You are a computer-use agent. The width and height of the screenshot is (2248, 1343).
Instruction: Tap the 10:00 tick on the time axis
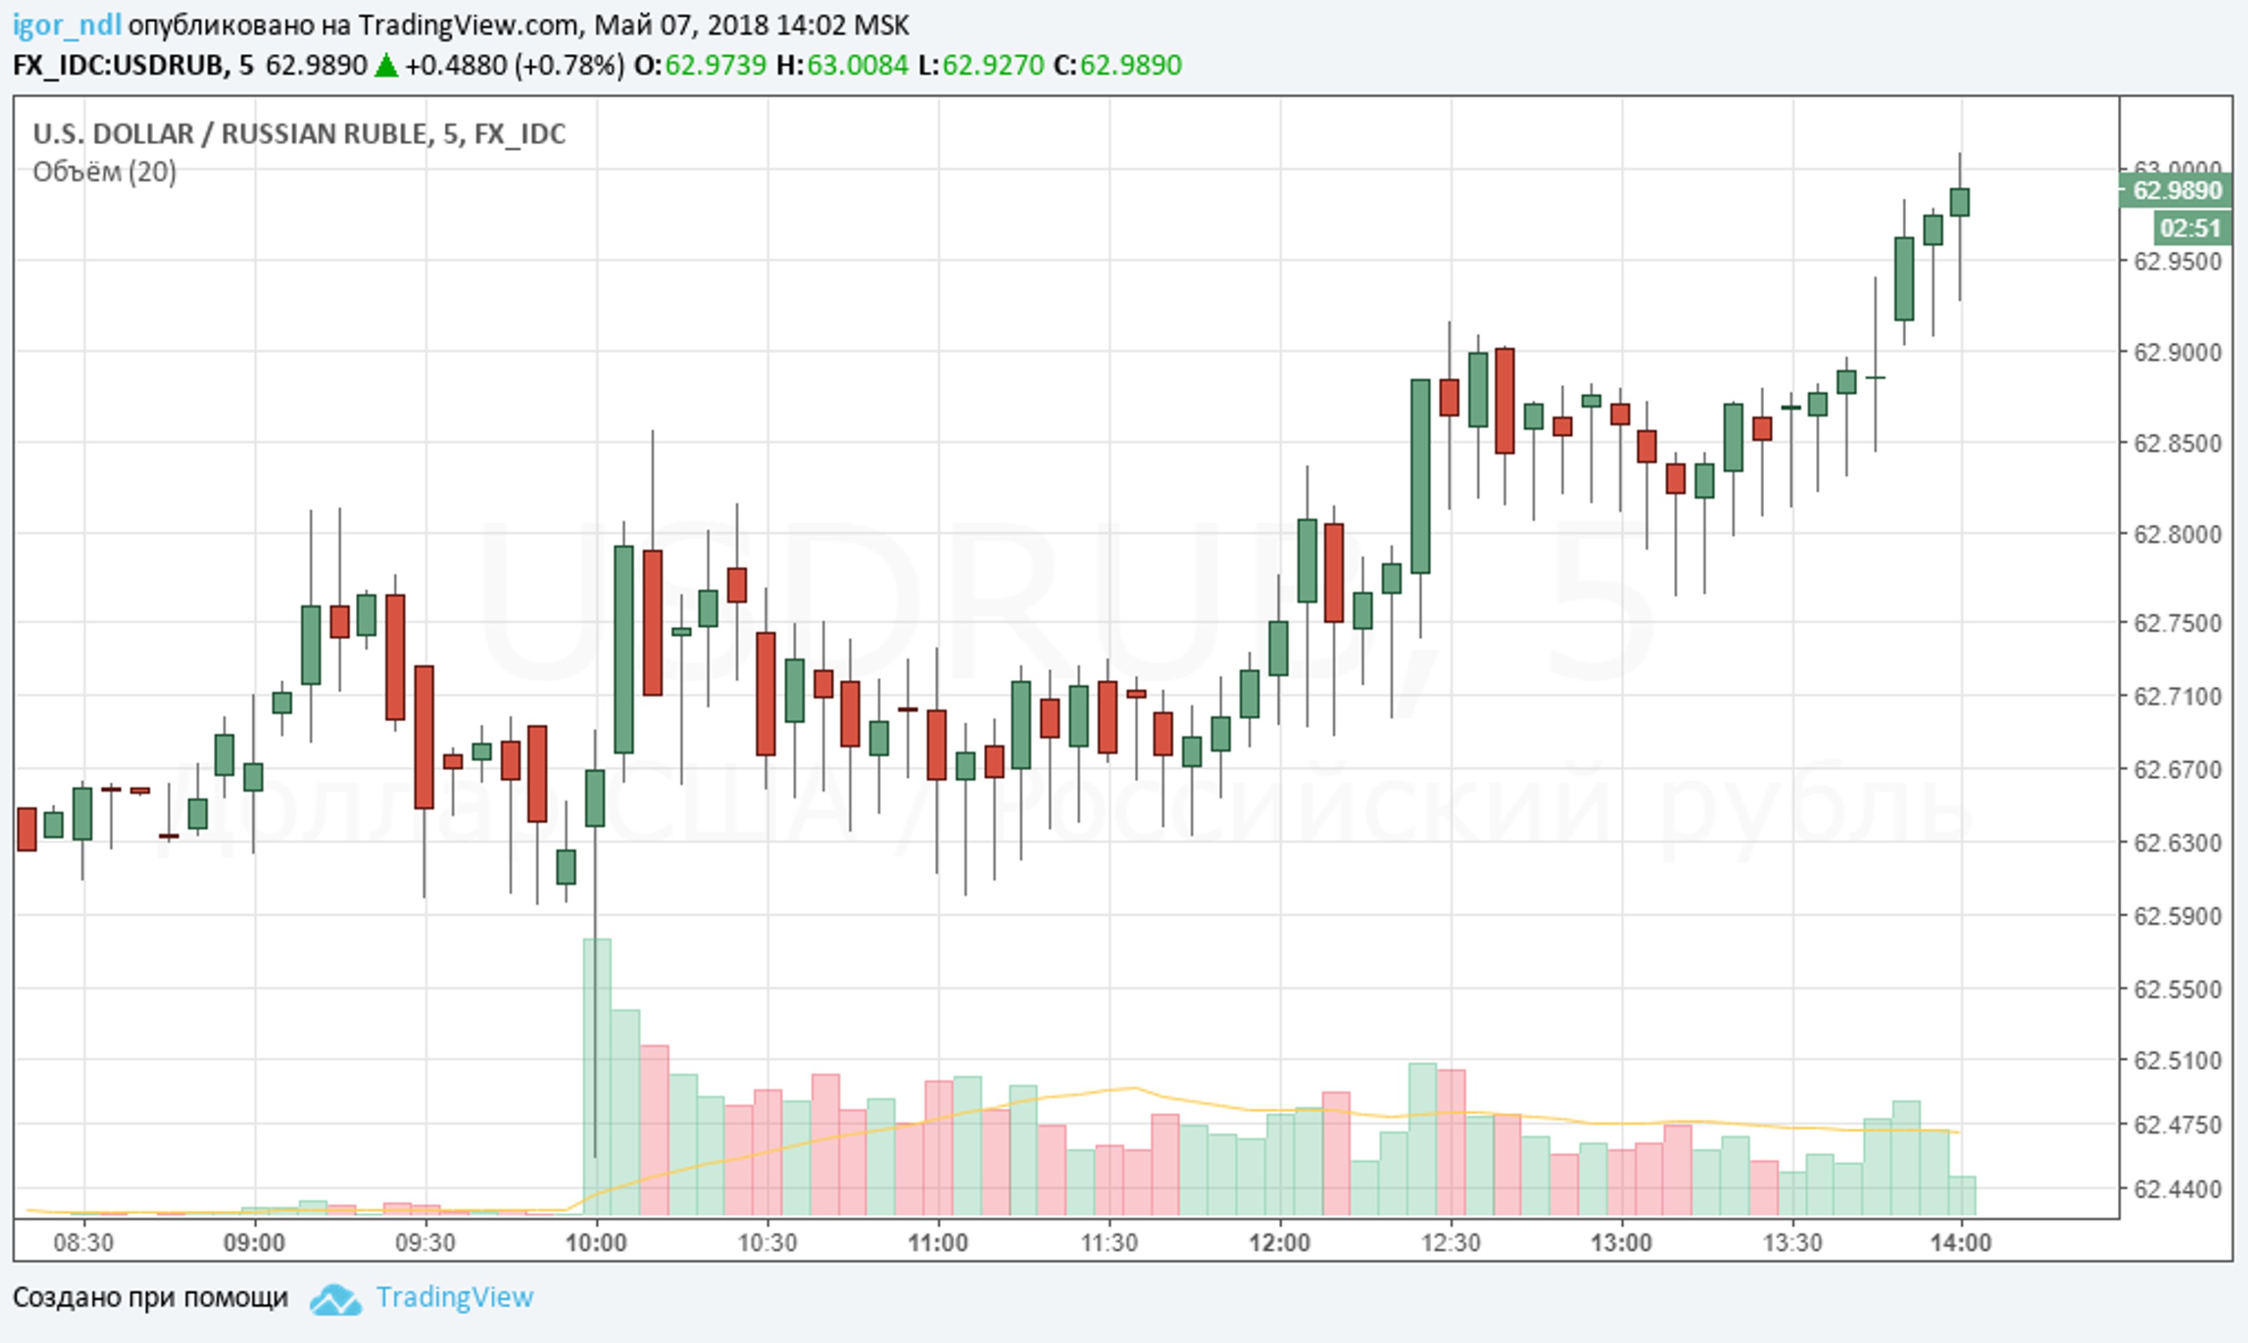pos(595,1242)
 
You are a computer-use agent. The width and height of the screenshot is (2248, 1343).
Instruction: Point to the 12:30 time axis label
pos(1450,1242)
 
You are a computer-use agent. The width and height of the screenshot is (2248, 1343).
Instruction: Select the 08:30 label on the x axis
pos(83,1242)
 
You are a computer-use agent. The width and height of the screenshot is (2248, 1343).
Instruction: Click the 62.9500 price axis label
pos(2177,262)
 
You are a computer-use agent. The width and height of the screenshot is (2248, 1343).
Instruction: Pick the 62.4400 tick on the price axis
pos(2177,1189)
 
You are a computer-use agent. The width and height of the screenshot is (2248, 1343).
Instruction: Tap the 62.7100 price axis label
pos(2177,696)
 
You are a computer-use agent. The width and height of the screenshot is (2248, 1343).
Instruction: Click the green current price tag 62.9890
pos(2177,191)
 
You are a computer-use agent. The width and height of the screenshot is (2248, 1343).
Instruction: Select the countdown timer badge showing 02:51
pos(2189,228)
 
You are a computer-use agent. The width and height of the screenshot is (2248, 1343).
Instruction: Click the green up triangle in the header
pos(386,65)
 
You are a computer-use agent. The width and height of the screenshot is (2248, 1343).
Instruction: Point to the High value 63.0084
pos(857,65)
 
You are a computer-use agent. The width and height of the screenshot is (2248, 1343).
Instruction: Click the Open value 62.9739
pos(715,65)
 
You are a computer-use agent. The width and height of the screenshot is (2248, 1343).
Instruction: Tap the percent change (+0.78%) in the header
pos(569,65)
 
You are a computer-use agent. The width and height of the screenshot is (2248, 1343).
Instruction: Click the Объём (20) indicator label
pos(104,171)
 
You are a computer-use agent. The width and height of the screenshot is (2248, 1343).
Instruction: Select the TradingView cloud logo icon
pos(336,1300)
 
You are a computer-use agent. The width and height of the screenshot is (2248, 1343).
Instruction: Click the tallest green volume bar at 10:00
pos(596,1077)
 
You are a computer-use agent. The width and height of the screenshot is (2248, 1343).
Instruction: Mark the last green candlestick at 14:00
pos(1959,202)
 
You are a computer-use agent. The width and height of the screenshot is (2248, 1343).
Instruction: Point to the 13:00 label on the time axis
pos(1621,1242)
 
